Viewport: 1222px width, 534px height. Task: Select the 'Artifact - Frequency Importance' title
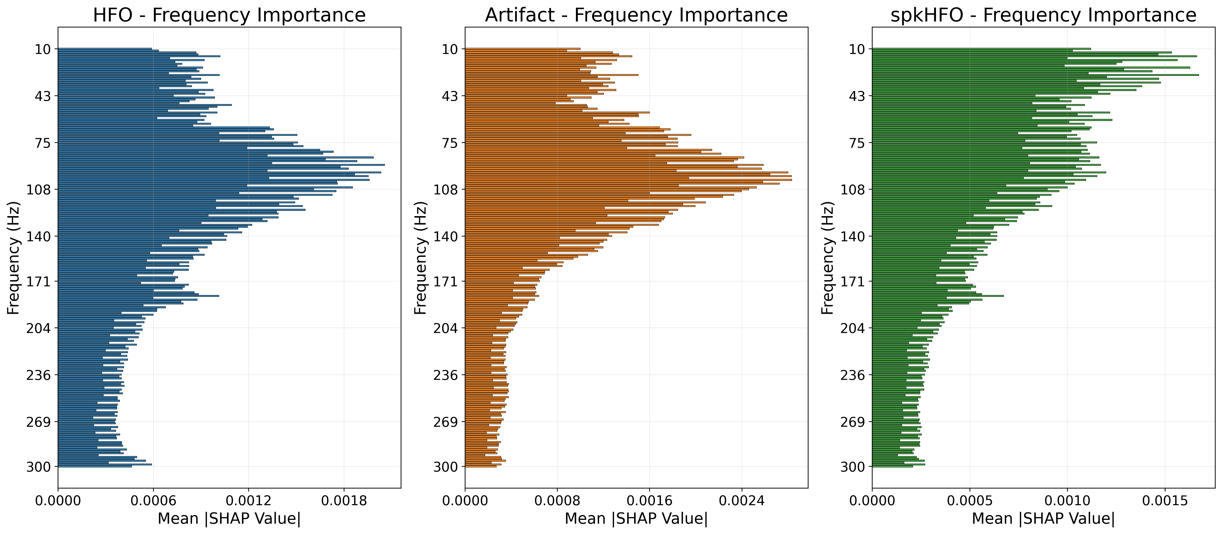coord(636,15)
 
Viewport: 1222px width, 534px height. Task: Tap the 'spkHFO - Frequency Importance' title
coord(1043,15)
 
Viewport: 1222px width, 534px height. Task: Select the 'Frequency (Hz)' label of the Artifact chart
coord(420,258)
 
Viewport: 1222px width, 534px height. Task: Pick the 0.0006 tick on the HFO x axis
coord(153,501)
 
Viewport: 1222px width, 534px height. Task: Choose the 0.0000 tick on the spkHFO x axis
coord(872,501)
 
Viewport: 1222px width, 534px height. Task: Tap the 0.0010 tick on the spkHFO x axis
coord(1067,501)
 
